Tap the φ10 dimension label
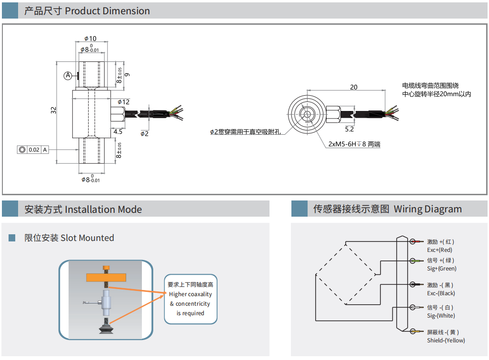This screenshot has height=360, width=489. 90,39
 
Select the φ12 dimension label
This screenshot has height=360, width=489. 123,102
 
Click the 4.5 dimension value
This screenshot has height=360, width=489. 118,131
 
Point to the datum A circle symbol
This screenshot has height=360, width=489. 68,76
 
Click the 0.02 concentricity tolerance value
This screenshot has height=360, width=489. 34,150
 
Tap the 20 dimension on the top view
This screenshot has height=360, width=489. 353,87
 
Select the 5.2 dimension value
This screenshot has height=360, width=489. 349,129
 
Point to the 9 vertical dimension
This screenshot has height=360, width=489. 127,75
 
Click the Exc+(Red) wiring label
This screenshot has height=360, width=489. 439,250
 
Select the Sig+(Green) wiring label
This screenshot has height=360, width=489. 441,269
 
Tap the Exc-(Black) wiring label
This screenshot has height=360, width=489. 441,293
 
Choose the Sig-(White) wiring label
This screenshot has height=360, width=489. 441,316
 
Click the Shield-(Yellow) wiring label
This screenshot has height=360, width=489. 446,340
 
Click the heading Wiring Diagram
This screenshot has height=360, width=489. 427,209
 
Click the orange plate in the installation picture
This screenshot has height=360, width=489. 106,277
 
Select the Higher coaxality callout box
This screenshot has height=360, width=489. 190,299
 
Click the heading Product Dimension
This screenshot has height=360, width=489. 107,11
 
